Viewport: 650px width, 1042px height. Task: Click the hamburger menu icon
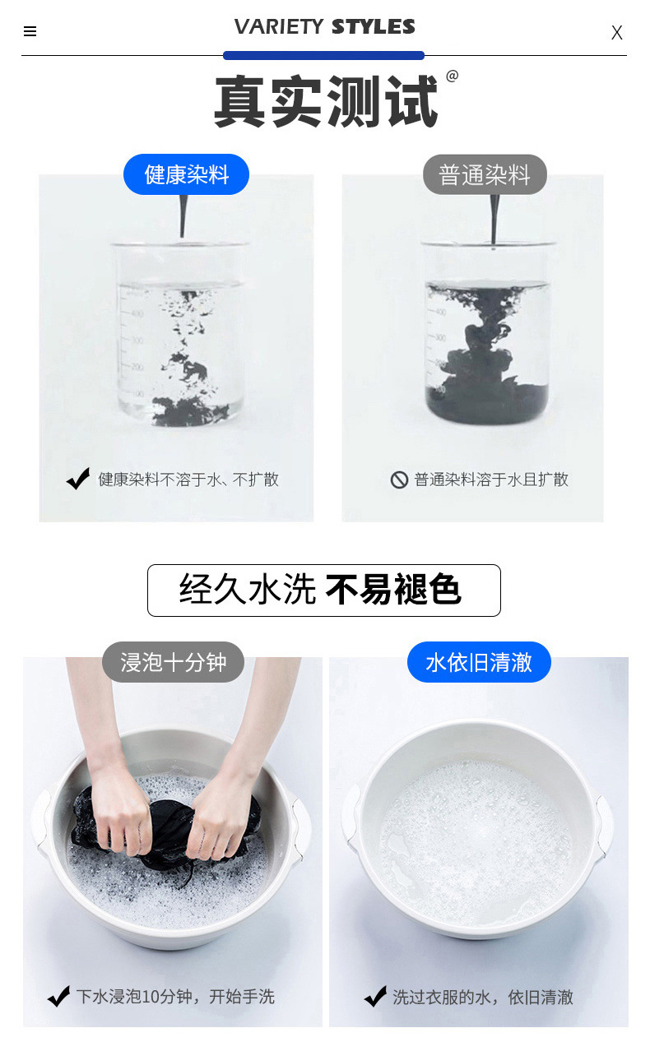coord(30,32)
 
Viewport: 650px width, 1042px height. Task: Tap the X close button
coord(616,33)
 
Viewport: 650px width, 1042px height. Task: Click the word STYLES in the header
coord(373,27)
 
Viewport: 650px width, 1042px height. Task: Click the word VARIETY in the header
coord(278,27)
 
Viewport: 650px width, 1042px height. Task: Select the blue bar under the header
coord(323,56)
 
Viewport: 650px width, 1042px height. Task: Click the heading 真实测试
coord(326,102)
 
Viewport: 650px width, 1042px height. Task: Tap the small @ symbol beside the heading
coord(452,76)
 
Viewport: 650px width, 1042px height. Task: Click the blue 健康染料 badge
coord(186,174)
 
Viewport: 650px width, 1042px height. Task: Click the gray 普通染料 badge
coord(485,174)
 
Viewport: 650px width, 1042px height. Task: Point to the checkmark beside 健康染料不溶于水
coord(78,479)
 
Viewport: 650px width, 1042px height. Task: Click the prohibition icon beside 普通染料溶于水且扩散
coord(399,479)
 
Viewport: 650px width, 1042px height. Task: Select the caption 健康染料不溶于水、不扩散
coord(188,479)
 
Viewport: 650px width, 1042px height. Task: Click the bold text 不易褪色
coord(392,590)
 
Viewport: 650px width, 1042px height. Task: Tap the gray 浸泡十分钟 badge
coord(173,662)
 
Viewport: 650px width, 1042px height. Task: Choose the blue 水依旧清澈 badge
coord(479,662)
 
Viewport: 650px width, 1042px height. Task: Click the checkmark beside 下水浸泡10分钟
coord(58,997)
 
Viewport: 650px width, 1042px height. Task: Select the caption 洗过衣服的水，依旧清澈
coord(482,997)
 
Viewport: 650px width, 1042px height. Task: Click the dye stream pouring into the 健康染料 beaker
coord(183,218)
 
